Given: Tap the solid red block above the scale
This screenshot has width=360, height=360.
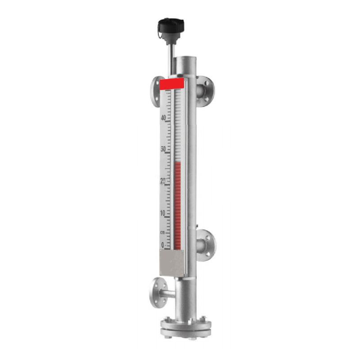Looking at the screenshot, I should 172,84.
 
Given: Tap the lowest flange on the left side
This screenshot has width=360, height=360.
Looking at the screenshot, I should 158,292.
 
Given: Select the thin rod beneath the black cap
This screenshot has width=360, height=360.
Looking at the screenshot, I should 170,54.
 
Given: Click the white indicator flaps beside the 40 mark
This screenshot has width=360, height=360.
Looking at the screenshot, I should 177,118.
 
